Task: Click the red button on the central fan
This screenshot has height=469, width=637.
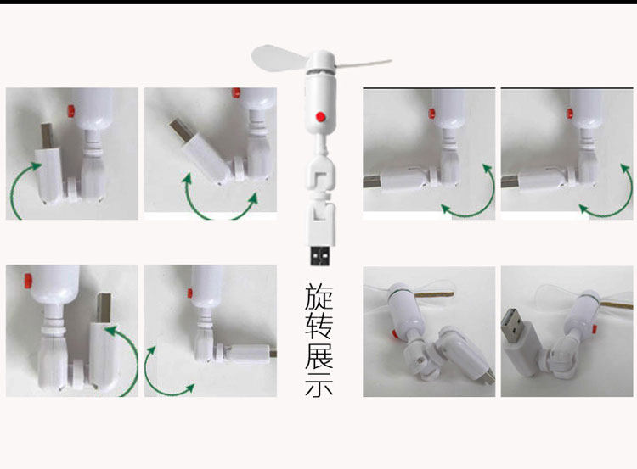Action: pos(320,116)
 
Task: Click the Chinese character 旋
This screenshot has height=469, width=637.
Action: pos(318,297)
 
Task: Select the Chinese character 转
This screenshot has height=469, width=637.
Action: pos(318,325)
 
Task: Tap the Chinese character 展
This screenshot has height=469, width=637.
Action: pos(318,354)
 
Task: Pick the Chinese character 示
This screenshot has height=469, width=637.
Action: pos(318,382)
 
